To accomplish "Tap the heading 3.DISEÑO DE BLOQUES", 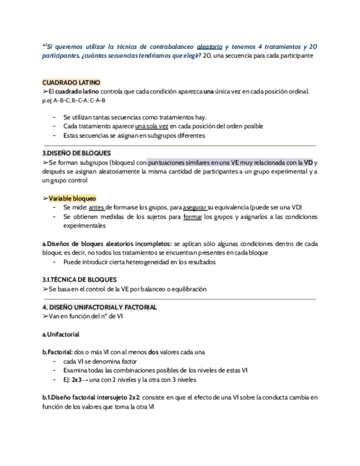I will point(76,153).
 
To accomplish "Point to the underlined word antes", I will point(96,207).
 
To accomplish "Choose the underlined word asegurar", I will point(194,207).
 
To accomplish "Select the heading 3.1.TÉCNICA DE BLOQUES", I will point(79,280).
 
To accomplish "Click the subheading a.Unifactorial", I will point(61,334).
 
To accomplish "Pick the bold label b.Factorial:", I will point(58,352).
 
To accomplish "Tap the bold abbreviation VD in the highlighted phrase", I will point(309,162).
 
